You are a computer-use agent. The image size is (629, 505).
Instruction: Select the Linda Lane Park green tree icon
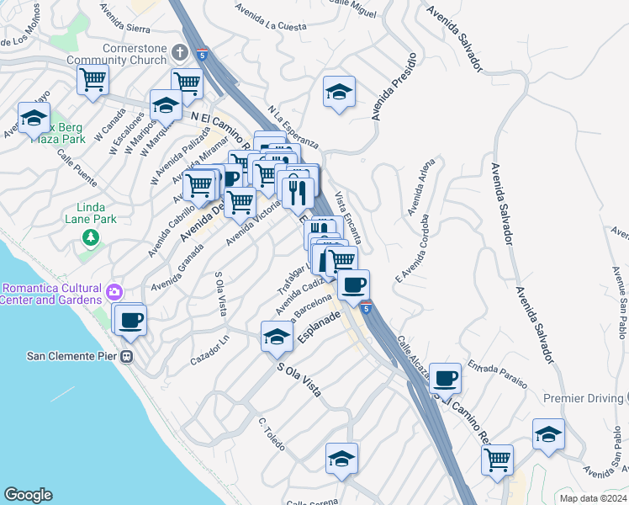(90, 238)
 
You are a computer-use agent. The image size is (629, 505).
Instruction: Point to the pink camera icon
(114, 293)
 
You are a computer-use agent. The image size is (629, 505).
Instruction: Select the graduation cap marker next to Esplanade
(276, 337)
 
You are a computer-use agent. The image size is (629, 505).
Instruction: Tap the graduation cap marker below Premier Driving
(548, 434)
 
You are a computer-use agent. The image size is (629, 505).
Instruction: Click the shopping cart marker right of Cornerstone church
(187, 82)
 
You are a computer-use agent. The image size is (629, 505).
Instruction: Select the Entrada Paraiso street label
(498, 374)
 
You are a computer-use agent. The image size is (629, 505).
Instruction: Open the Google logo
(29, 495)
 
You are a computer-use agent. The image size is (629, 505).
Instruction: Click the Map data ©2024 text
(593, 498)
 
